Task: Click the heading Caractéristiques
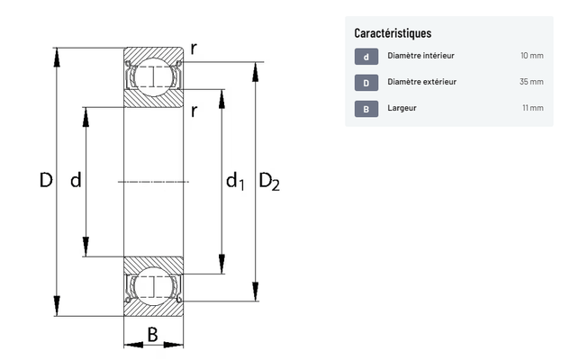pyautogui.click(x=393, y=33)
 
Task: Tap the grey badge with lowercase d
pyautogui.click(x=366, y=57)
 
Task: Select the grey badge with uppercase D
pyautogui.click(x=366, y=83)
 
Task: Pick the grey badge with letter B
pyautogui.click(x=366, y=109)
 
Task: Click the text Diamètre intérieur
pyautogui.click(x=421, y=56)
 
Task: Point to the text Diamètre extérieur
pyautogui.click(x=421, y=82)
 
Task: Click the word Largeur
pyautogui.click(x=402, y=108)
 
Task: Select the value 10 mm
pyautogui.click(x=532, y=56)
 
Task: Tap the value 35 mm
pyautogui.click(x=531, y=82)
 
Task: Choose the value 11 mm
pyautogui.click(x=533, y=108)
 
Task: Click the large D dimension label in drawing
pyautogui.click(x=46, y=180)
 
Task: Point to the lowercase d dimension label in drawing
pyautogui.click(x=76, y=179)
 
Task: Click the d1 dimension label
pyautogui.click(x=235, y=181)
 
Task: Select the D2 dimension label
pyautogui.click(x=269, y=181)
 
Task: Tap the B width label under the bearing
pyautogui.click(x=152, y=335)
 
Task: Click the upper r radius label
pyautogui.click(x=194, y=49)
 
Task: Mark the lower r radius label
pyautogui.click(x=194, y=112)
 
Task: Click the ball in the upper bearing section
pyautogui.click(x=153, y=76)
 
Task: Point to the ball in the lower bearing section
pyautogui.click(x=153, y=286)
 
